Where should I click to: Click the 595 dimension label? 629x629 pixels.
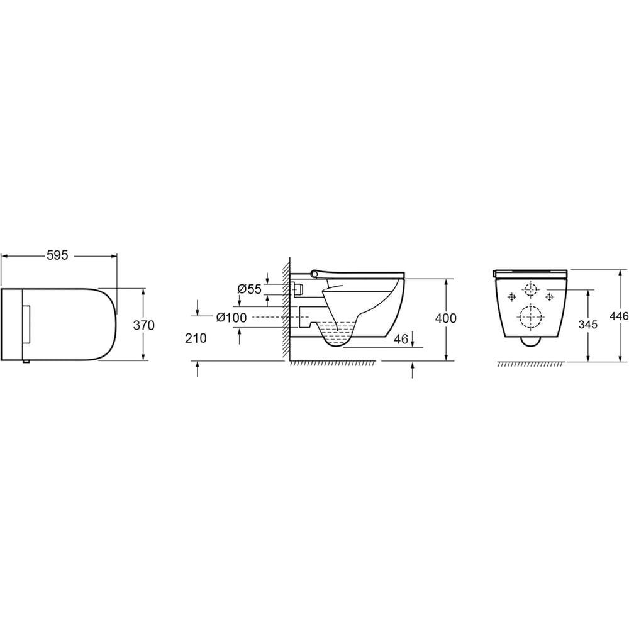(58, 255)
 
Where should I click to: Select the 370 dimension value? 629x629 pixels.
(143, 325)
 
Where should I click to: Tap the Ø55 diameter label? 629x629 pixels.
(249, 289)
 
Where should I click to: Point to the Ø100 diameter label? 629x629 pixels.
(231, 318)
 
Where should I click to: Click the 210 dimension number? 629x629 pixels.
(196, 338)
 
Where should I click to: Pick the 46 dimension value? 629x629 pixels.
(401, 339)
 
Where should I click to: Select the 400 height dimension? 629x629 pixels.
(446, 318)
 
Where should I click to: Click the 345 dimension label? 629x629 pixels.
(587, 324)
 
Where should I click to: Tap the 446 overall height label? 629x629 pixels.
(619, 316)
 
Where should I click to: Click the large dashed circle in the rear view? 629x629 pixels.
(530, 316)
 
